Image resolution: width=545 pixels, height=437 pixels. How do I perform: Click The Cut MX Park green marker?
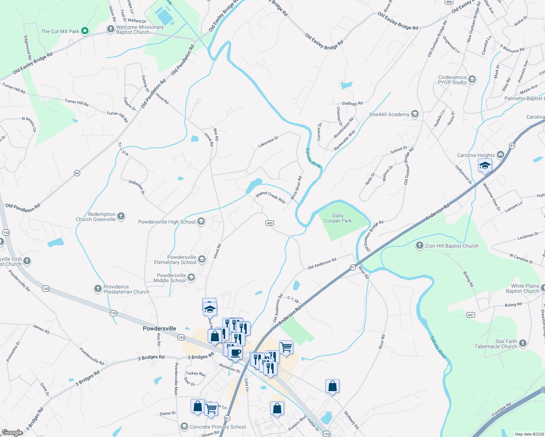(x=85, y=31)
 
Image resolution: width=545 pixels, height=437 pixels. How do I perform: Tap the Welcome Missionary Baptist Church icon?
(x=110, y=29)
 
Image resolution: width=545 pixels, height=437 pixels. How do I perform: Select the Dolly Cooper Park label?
(x=338, y=219)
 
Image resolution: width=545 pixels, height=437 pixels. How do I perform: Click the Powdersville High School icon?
(x=201, y=222)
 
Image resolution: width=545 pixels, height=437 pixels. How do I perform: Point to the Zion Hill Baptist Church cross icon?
(x=420, y=246)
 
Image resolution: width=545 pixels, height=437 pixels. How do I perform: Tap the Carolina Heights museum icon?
(x=500, y=155)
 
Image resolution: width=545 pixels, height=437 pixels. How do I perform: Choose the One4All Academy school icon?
(x=415, y=114)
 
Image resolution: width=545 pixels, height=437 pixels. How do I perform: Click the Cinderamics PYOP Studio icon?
(x=472, y=80)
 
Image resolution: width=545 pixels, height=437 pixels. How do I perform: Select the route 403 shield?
(x=270, y=223)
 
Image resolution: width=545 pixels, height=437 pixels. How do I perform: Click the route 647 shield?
(x=471, y=315)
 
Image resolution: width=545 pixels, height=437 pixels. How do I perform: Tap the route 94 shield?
(x=77, y=173)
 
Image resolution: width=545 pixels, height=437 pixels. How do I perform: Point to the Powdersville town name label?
(x=159, y=328)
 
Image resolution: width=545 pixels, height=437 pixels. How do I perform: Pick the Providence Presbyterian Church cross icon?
(x=98, y=289)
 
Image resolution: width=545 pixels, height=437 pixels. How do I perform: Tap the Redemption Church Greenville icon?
(x=121, y=217)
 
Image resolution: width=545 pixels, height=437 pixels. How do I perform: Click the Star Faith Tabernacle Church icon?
(x=522, y=343)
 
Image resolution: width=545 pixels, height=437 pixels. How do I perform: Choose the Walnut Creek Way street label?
(x=270, y=197)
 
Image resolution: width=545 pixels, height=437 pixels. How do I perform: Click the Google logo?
(x=12, y=432)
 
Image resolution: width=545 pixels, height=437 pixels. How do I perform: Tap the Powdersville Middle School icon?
(x=191, y=278)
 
